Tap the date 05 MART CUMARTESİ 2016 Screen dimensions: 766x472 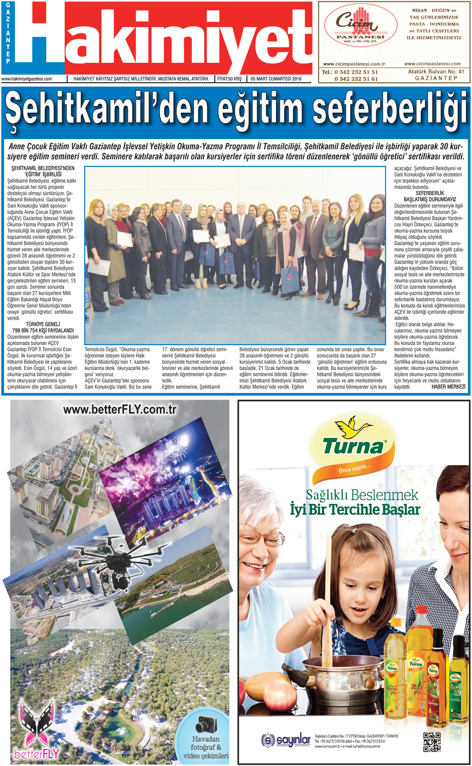(276, 79)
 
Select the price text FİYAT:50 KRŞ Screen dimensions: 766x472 (229, 79)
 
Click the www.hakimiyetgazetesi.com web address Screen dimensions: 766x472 (27, 79)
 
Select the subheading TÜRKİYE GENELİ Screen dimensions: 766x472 (43, 324)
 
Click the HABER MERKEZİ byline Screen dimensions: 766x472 (448, 387)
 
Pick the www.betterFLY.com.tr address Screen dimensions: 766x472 (119, 409)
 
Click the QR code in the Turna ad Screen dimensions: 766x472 (431, 742)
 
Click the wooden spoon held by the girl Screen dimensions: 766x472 (327, 599)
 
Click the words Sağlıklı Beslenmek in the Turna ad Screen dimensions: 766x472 (362, 495)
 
